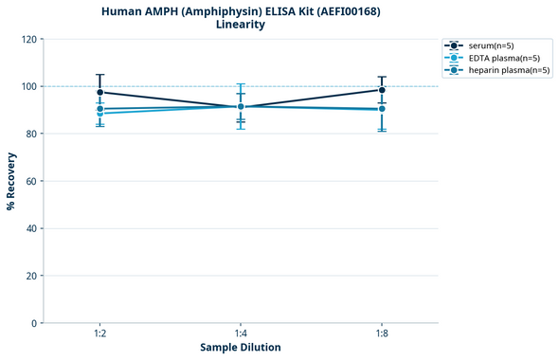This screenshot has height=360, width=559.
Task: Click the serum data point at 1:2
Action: point(99,92)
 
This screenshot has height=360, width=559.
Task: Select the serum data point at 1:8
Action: point(382,90)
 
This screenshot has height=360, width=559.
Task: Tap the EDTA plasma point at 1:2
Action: point(99,114)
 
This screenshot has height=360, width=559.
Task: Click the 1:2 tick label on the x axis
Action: point(99,333)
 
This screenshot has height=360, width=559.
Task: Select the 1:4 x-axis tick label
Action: point(241,333)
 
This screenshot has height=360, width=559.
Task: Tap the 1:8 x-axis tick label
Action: point(382,333)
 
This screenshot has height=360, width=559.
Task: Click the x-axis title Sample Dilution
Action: point(241,348)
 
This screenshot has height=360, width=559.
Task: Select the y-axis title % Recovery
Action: point(11,181)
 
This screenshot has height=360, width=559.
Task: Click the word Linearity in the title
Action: point(241,25)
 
